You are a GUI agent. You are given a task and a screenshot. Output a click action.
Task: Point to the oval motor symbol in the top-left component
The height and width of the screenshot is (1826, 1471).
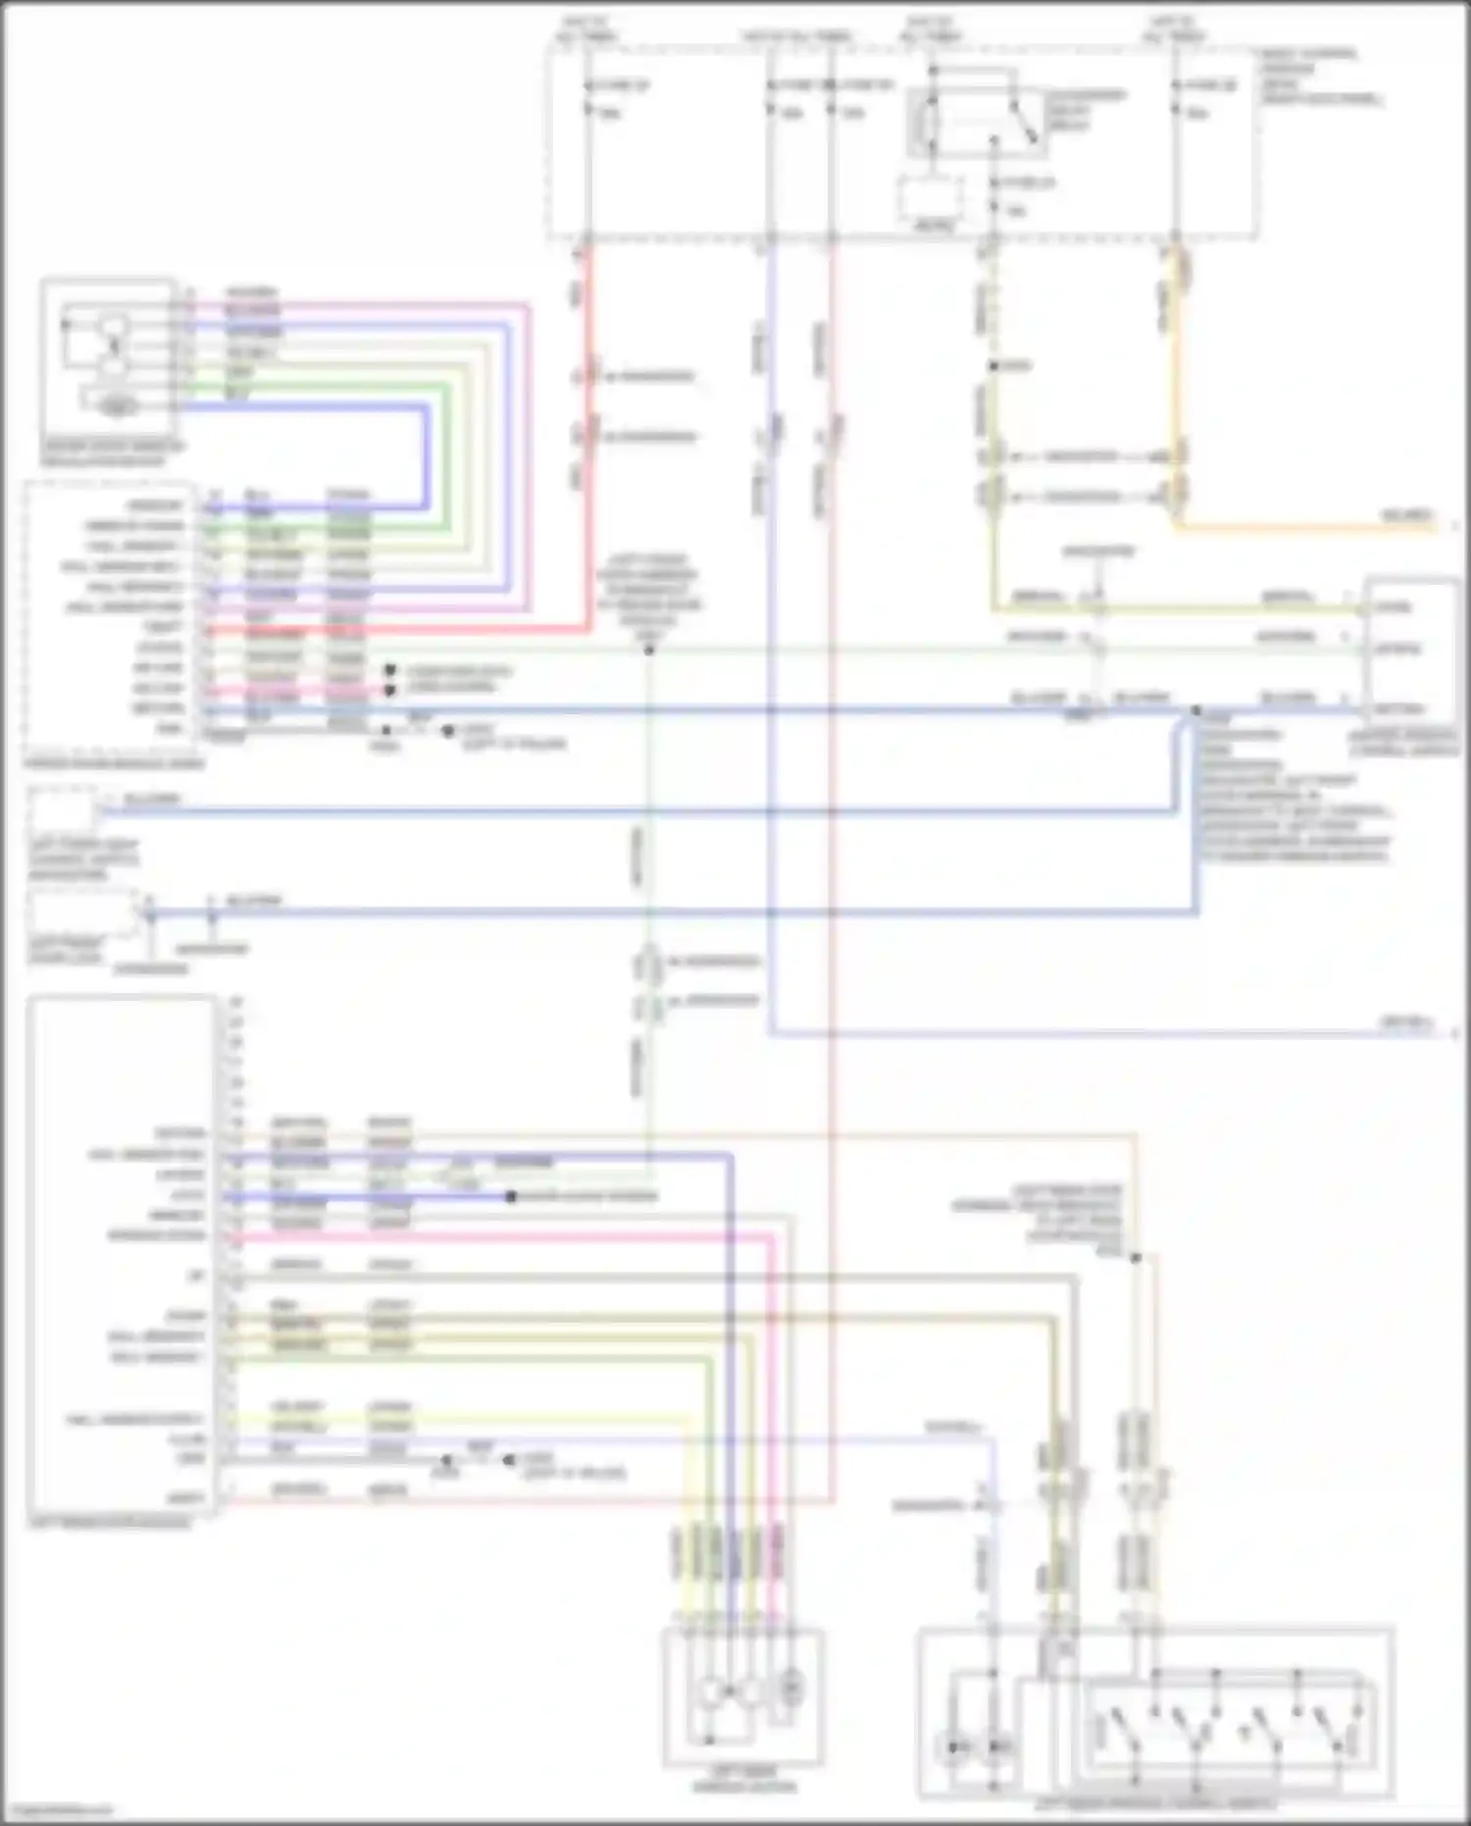117,404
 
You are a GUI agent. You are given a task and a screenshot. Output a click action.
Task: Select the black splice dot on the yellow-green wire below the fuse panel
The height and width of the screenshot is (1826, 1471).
993,366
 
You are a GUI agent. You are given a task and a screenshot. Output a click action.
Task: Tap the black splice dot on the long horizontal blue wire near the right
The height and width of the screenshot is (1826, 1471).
1195,709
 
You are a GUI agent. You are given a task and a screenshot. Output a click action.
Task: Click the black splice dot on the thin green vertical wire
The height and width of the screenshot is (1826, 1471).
648,650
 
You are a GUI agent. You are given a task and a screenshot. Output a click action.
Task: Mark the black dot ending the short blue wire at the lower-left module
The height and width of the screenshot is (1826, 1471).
511,1197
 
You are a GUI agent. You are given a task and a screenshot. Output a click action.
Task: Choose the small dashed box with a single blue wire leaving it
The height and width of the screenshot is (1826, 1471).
63,812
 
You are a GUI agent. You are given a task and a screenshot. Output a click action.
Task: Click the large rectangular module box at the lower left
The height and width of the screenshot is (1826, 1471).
123,1256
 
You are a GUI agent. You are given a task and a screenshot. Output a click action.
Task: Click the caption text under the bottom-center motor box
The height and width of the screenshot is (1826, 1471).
743,1782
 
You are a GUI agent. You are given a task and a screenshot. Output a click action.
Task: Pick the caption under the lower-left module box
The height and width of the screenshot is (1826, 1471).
110,1523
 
